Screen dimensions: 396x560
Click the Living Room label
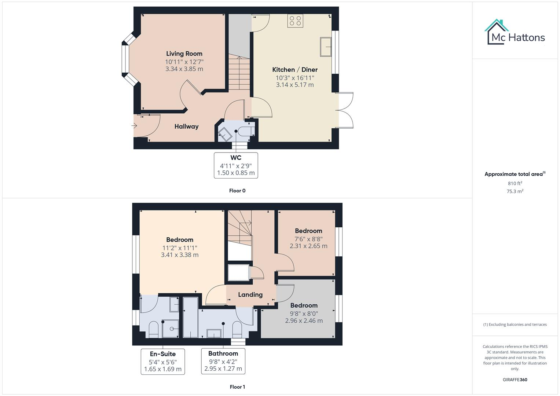point(184,54)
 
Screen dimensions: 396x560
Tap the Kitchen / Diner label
point(295,70)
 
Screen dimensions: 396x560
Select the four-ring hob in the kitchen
point(295,21)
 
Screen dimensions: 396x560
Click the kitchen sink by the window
point(326,47)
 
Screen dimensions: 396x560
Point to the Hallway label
point(186,126)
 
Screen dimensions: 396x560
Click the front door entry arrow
point(135,126)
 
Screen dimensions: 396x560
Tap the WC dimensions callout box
point(236,165)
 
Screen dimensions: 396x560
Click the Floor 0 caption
point(237,191)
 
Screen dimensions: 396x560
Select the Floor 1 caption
point(237,387)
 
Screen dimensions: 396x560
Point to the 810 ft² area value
point(515,183)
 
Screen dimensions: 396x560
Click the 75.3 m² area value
point(515,191)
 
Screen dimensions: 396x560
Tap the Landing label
point(250,295)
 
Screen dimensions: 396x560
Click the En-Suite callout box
point(163,362)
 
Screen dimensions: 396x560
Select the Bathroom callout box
point(223,361)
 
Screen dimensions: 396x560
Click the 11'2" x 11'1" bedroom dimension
point(180,248)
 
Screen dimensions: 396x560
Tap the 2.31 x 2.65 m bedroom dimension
point(308,246)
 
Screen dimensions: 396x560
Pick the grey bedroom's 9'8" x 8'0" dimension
point(304,313)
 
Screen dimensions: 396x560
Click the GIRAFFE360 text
point(515,379)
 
